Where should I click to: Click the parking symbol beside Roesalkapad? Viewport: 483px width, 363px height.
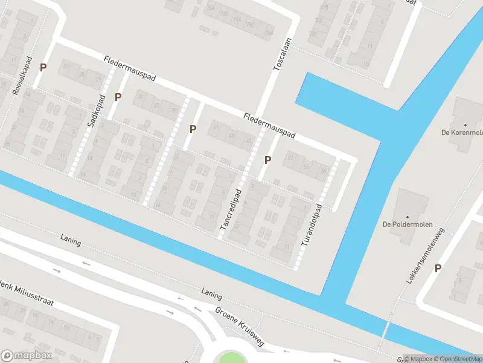[43, 68]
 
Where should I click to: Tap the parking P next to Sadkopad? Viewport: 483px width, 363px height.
[118, 97]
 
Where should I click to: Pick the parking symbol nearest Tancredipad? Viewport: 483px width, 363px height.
[267, 160]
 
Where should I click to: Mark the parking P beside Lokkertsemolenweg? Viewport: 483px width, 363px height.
[437, 269]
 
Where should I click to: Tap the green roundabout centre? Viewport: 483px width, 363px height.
[232, 358]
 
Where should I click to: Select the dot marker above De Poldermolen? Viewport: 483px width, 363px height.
[407, 216]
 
